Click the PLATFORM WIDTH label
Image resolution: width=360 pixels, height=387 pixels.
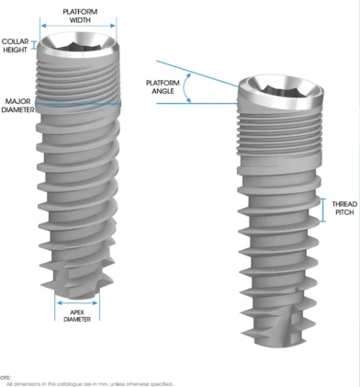pos(81,15)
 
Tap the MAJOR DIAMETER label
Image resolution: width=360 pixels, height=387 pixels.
pos(19,106)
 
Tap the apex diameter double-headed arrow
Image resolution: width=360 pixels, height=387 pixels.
pos(78,300)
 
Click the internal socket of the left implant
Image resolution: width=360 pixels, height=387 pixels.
pos(81,40)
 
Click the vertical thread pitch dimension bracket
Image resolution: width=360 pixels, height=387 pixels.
pos(323,208)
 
